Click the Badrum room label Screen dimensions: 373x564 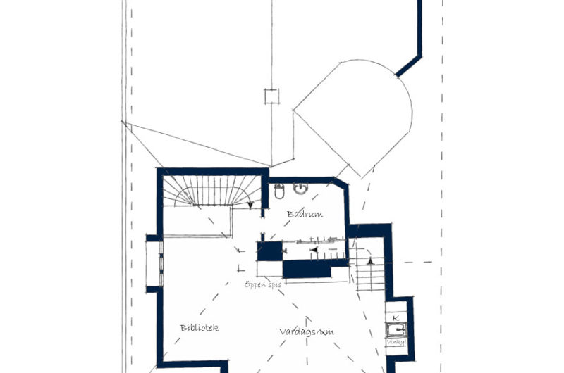[305, 213]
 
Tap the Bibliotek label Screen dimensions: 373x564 [200, 327]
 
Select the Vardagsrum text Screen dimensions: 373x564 [306, 331]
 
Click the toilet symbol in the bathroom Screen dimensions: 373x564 [279, 191]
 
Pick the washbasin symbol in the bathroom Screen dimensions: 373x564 [301, 189]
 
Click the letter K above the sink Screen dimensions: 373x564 [396, 318]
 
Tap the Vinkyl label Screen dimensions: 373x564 [396, 342]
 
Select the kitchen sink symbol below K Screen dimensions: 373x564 [396, 329]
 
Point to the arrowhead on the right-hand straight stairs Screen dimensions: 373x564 [369, 261]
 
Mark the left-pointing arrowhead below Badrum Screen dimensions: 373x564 [314, 249]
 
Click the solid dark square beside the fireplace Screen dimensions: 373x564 [269, 251]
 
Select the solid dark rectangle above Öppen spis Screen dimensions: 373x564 [307, 269]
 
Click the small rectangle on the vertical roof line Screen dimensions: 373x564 [269, 96]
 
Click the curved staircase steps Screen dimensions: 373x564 [211, 191]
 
